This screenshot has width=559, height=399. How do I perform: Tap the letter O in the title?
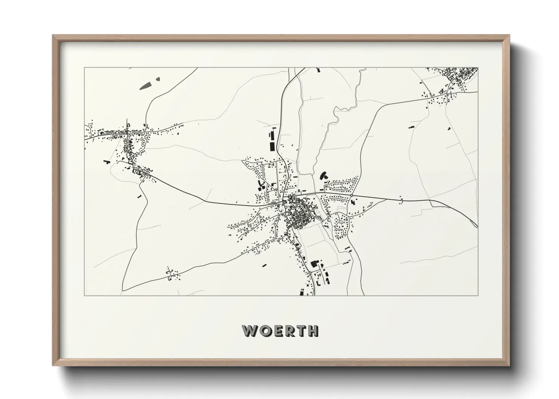(265, 331)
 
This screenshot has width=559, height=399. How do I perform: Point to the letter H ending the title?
(313, 331)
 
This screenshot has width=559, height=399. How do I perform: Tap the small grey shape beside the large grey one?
(158, 79)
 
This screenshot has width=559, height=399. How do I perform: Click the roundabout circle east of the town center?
(351, 195)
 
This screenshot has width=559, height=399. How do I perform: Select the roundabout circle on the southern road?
(309, 272)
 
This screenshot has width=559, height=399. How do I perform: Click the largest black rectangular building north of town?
(272, 145)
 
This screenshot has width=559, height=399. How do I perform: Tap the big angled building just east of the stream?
(323, 175)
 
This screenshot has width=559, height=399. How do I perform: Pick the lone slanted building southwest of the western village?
(107, 161)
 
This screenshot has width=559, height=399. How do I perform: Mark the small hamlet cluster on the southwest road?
(172, 275)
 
